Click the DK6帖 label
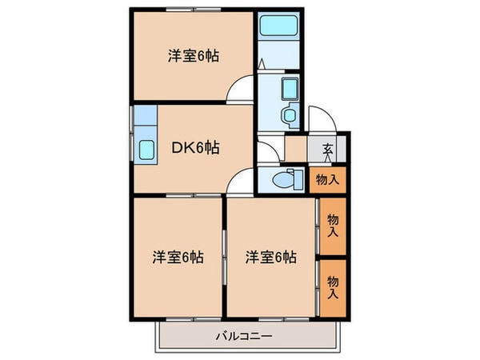tap(195, 146)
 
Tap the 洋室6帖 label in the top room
tap(194, 56)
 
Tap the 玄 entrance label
tap(330, 147)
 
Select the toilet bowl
tap(282, 180)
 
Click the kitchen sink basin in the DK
tap(148, 150)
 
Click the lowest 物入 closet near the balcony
tap(334, 286)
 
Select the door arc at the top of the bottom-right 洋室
tap(240, 185)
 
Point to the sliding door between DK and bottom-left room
tap(180, 194)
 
